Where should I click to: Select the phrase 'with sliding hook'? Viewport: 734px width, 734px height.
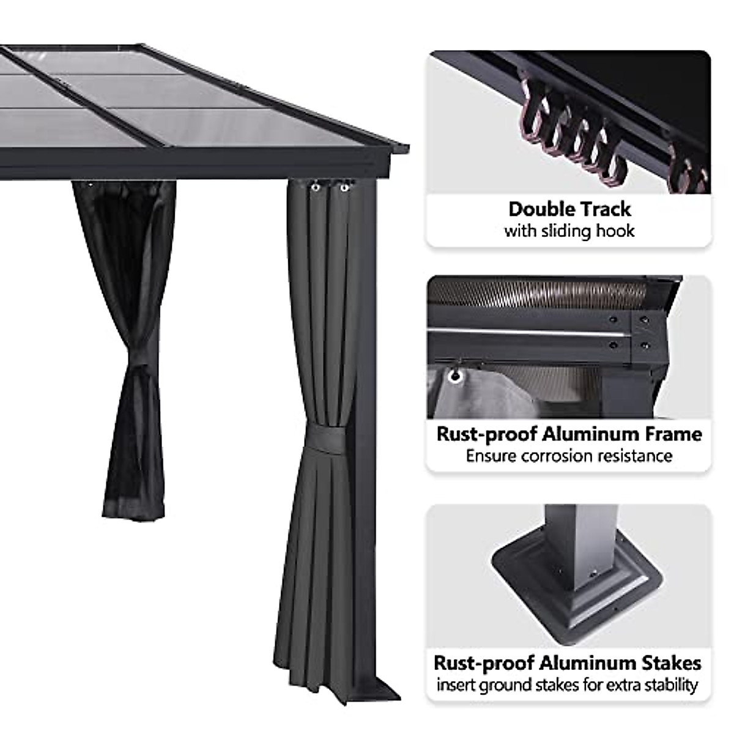569,231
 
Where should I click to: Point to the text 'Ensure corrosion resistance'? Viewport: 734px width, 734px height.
569,456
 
